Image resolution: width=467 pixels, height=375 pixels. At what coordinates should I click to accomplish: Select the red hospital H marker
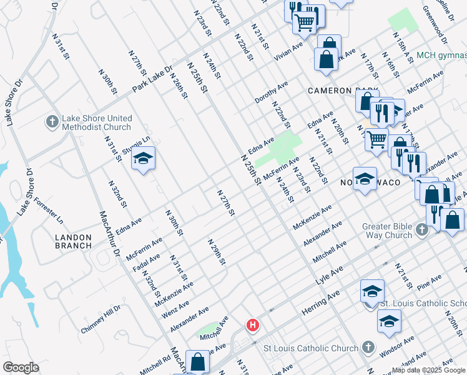252,325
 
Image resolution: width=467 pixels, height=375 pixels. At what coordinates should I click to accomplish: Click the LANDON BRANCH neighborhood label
73,241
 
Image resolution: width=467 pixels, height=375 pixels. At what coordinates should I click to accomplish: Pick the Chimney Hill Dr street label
101,319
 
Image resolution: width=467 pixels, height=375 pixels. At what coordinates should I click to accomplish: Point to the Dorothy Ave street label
271,92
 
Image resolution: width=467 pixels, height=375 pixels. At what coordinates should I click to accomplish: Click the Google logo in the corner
21,367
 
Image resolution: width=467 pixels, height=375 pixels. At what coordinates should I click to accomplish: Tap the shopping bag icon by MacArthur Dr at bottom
198,362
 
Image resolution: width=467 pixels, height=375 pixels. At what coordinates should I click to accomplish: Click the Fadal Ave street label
146,263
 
